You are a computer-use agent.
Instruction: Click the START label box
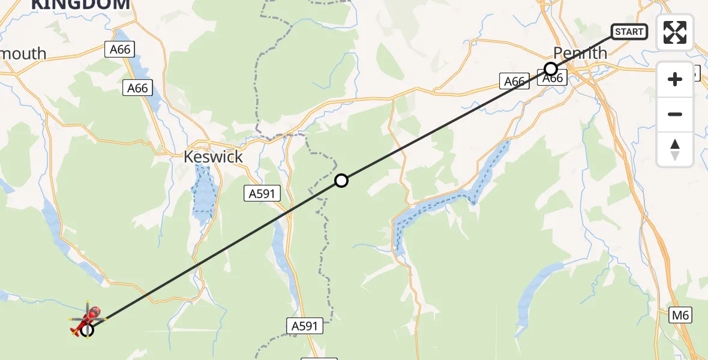pos(629,31)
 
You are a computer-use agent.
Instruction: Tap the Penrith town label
pos(580,53)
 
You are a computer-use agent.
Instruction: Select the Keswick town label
pos(213,157)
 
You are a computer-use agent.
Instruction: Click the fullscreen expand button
pos(675,32)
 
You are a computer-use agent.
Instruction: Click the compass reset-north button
pos(675,149)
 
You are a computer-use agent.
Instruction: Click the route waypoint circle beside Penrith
pos(550,68)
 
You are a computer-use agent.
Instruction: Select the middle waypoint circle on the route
pos(341,180)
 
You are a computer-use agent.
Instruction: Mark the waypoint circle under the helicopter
pos(87,329)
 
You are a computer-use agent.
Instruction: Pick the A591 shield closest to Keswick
pos(262,193)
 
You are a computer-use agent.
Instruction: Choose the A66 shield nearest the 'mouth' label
pos(120,50)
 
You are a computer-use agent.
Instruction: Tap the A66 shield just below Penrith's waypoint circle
pos(553,79)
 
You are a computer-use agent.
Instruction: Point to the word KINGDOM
pos(80,5)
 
